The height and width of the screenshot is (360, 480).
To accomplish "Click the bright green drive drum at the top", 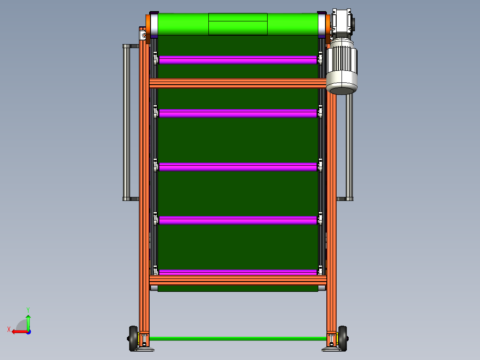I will coord(183,24).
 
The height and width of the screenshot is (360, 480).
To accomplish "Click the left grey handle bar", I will coord(126,123).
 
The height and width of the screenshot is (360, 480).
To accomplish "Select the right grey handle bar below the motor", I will coord(350,147).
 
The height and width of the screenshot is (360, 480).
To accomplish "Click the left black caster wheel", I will coord(133,338).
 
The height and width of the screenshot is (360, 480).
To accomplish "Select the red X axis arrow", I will coord(18,331).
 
